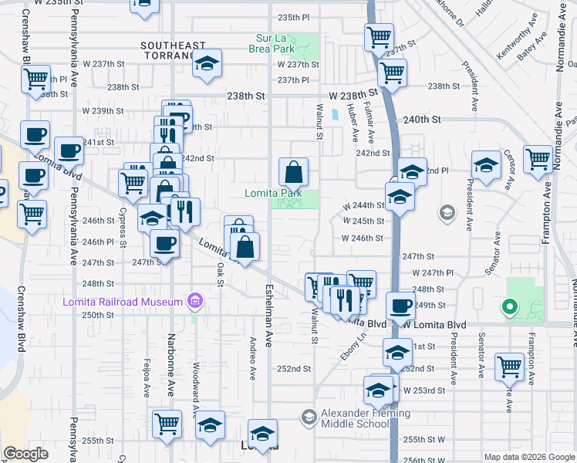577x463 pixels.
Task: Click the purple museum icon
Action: [x=196, y=300]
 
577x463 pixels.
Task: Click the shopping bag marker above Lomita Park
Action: [x=293, y=171]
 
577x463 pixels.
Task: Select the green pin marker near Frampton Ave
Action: [x=508, y=308]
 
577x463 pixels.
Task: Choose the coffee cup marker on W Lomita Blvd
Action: [x=400, y=306]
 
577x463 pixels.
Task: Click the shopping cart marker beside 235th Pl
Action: [x=379, y=35]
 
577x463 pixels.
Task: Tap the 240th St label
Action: [x=421, y=120]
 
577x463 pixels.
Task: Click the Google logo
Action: [x=26, y=454]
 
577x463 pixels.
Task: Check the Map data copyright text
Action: [x=528, y=457]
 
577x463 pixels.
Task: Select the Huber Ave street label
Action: [x=355, y=123]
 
